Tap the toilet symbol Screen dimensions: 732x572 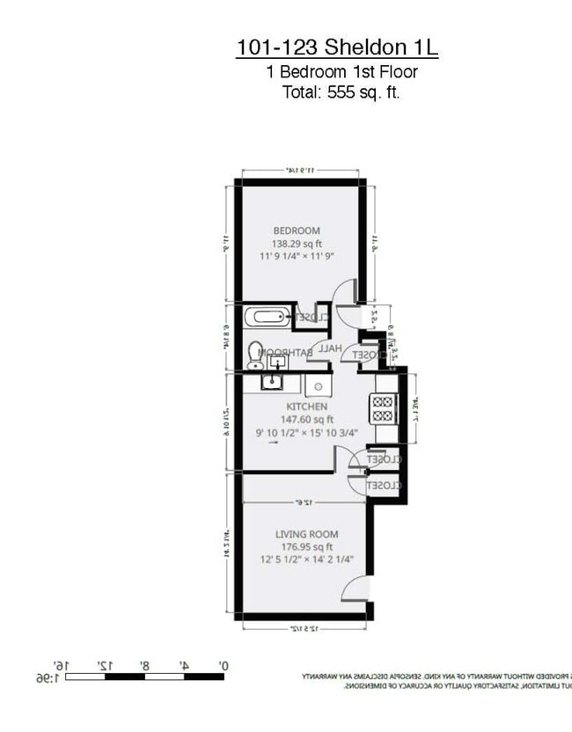point(255,354)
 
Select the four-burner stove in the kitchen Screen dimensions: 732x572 point(384,409)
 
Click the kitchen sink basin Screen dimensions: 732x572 point(273,382)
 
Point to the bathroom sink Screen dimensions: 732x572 point(278,361)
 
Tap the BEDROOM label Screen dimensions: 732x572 point(297,231)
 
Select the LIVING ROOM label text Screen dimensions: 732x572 point(306,534)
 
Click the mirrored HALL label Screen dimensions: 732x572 point(330,348)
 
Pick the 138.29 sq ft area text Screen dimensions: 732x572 point(297,244)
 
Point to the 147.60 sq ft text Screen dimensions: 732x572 point(304,420)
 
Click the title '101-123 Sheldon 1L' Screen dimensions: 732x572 point(337,48)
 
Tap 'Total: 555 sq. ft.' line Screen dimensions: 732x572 point(341,91)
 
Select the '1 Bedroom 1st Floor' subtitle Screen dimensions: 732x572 point(341,72)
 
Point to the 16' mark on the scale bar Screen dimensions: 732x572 point(62,666)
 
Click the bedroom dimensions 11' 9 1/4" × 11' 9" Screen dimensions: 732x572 point(297,256)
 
